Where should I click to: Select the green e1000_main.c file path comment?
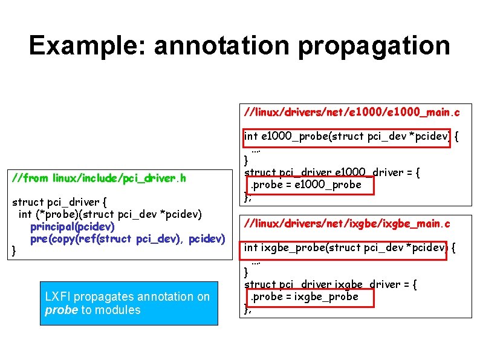click(351, 112)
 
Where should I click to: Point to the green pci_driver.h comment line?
click(103, 178)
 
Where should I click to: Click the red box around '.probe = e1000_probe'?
click(309, 185)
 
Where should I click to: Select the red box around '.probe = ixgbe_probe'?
click(308, 297)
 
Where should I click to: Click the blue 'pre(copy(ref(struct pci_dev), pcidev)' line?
click(128, 239)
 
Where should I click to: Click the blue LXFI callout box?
click(129, 303)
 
